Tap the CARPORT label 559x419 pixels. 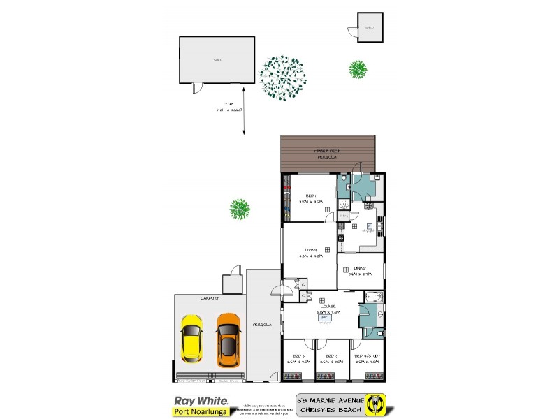pyautogui.click(x=210, y=298)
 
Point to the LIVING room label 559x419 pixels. pyautogui.click(x=311, y=249)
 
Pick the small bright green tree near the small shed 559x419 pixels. pyautogui.click(x=358, y=68)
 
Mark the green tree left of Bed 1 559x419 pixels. pyautogui.click(x=240, y=209)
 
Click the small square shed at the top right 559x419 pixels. pyautogui.click(x=370, y=28)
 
